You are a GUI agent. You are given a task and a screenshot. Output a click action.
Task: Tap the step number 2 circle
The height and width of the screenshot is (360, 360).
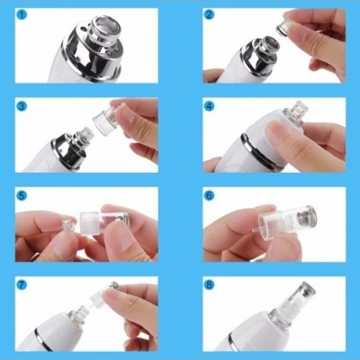[209, 16]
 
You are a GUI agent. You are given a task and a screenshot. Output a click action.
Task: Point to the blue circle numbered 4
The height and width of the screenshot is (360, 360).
[209, 106]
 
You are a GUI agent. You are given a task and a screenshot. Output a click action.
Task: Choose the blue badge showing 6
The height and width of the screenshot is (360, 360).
[209, 193]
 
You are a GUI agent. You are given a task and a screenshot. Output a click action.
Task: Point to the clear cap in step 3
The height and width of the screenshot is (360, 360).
[107, 126]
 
